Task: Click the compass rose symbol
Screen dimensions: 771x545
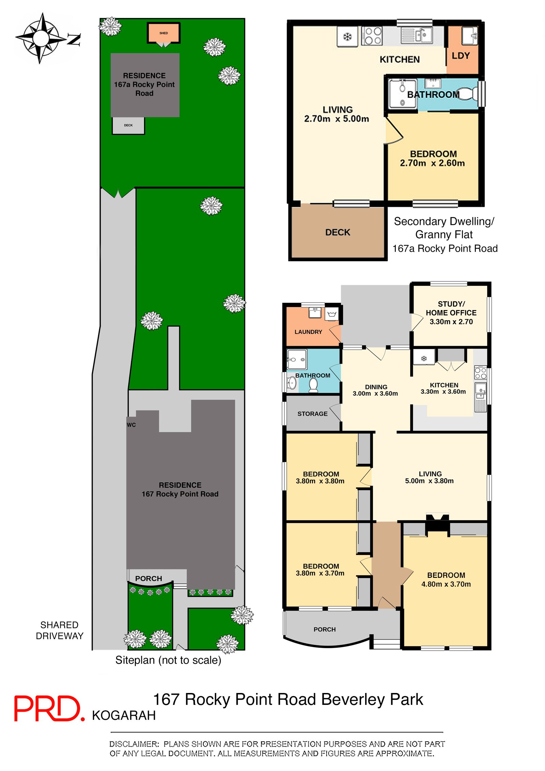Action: [41, 38]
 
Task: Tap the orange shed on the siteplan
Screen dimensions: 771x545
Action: [163, 33]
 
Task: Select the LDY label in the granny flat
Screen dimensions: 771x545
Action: [460, 56]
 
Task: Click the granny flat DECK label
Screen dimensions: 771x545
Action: [337, 232]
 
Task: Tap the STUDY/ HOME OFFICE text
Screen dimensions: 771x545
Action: [451, 308]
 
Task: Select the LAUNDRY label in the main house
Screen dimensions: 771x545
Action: [308, 332]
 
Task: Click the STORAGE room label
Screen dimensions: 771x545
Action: [312, 414]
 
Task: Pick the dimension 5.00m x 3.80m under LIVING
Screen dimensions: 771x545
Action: [429, 481]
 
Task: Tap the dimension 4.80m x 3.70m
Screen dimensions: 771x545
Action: [446, 584]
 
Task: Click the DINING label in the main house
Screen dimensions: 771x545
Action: [376, 387]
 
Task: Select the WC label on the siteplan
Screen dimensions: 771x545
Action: [131, 425]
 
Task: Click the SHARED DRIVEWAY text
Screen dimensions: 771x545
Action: [60, 630]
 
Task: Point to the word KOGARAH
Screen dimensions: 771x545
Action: [124, 715]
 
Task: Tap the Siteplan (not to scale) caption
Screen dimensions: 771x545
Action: [168, 660]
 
